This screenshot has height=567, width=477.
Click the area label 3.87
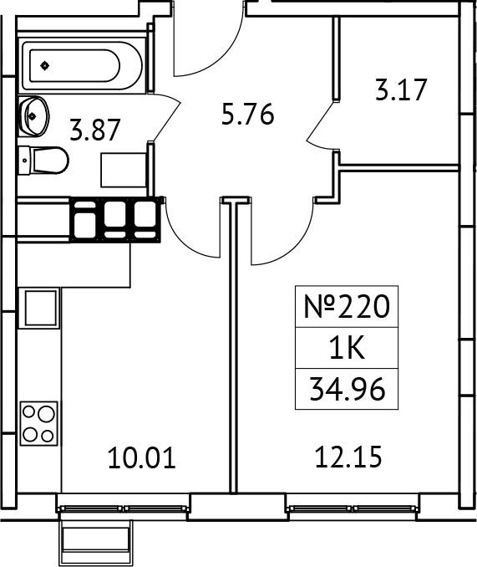tap(95, 130)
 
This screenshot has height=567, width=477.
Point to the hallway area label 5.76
tap(247, 114)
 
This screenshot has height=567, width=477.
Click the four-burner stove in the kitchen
tap(38, 423)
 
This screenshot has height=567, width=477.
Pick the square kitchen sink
tap(39, 308)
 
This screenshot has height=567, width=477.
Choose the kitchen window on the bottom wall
tap(122, 507)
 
